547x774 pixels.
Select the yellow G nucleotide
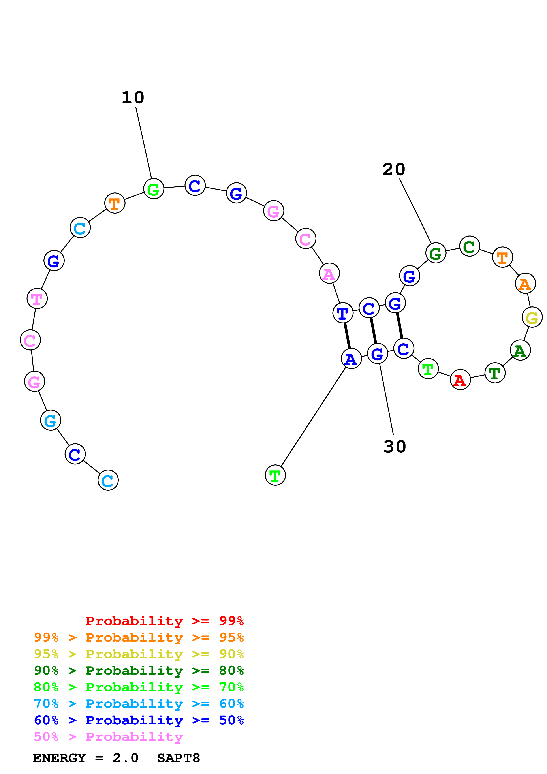532,317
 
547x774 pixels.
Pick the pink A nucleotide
329,273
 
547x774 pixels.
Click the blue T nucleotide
342,313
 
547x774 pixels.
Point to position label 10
133,98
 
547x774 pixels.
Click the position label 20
393,169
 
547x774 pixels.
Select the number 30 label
395,447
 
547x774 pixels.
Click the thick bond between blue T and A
347,336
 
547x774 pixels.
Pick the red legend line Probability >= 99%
164,621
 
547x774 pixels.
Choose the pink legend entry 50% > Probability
108,737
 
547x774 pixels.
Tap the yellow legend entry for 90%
139,654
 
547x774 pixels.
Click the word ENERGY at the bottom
59,758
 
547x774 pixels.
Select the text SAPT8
178,758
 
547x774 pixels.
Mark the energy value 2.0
125,758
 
